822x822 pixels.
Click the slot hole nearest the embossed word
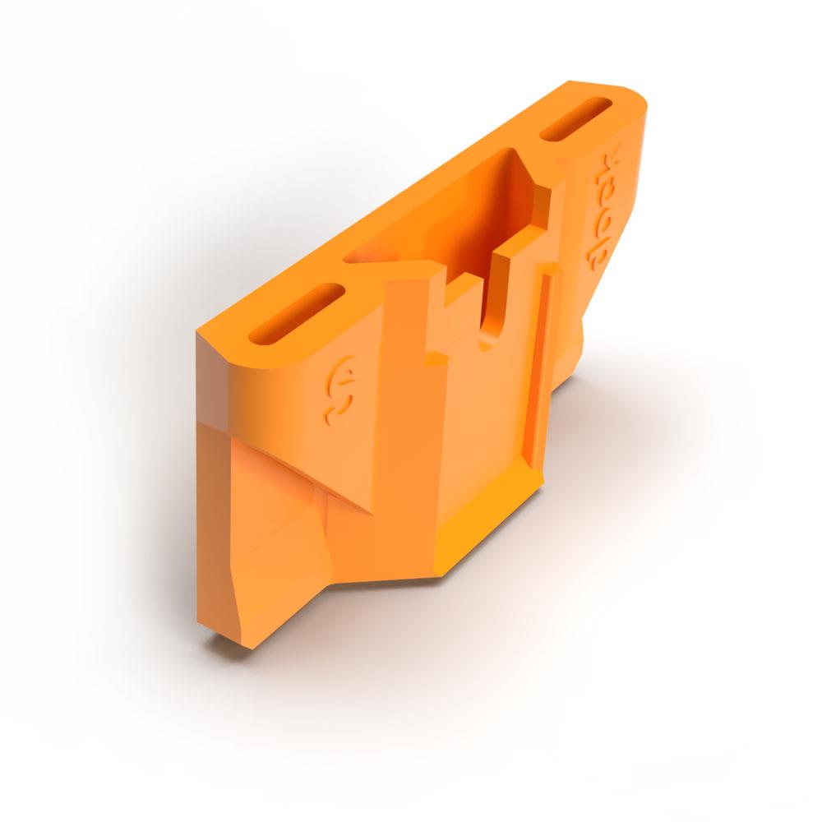575,118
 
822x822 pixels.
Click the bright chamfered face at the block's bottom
485,526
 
